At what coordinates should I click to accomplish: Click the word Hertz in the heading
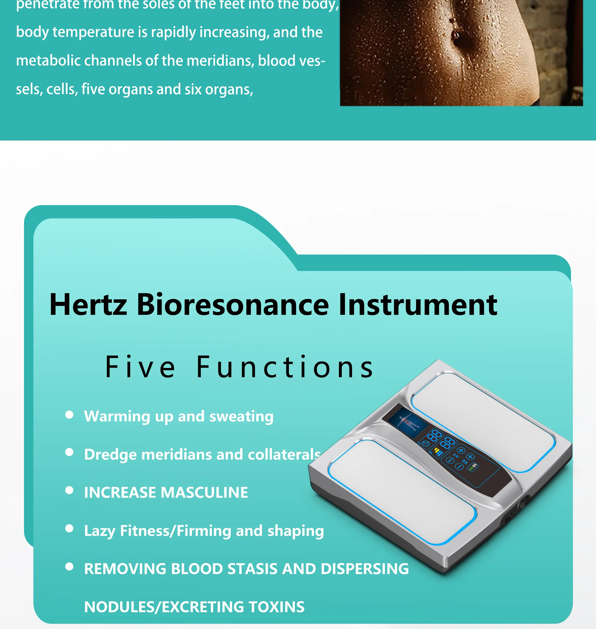pos(88,304)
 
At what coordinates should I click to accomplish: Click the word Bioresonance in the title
pos(233,304)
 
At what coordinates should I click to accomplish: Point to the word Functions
pos(285,367)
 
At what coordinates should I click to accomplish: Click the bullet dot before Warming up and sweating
pos(69,414)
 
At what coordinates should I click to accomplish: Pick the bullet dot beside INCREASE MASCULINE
pos(69,490)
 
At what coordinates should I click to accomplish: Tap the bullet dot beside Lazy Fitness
pos(69,529)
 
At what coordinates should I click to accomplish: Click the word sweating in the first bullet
pos(241,416)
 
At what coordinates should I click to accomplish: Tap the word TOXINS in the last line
pos(276,607)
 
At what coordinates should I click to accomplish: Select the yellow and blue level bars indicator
pos(438,452)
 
